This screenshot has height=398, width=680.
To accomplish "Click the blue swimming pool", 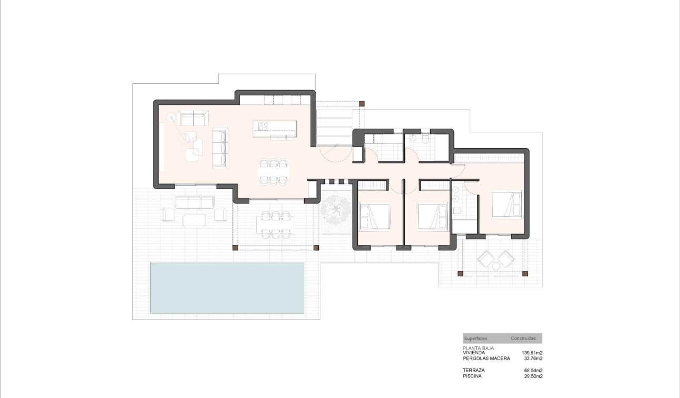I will pos(227,288).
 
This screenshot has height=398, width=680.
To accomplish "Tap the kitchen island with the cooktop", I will pos(275,128).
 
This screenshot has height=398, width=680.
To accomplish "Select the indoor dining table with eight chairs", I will pos(274,171).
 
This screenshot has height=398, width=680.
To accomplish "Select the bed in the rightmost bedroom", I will pos(506,205).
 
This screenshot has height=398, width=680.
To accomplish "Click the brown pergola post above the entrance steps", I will pos(361,104).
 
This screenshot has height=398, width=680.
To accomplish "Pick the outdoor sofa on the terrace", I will pos(195,202).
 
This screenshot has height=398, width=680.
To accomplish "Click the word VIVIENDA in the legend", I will pos(474,353).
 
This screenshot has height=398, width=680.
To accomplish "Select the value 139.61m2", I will pos(532,353).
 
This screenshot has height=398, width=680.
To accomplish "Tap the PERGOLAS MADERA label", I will pos(486,358).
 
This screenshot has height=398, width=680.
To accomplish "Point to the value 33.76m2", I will pos(533,358).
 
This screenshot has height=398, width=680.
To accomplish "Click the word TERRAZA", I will pos(473,371).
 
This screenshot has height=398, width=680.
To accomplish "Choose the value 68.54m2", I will pos(533,371).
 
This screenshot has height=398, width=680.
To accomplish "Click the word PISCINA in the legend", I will pos(472,376).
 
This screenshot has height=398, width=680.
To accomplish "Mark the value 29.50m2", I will pos(533,376).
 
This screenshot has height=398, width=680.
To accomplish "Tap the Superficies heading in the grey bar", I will pos(475,338).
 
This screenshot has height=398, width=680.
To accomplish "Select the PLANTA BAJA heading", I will pos(478,348).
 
